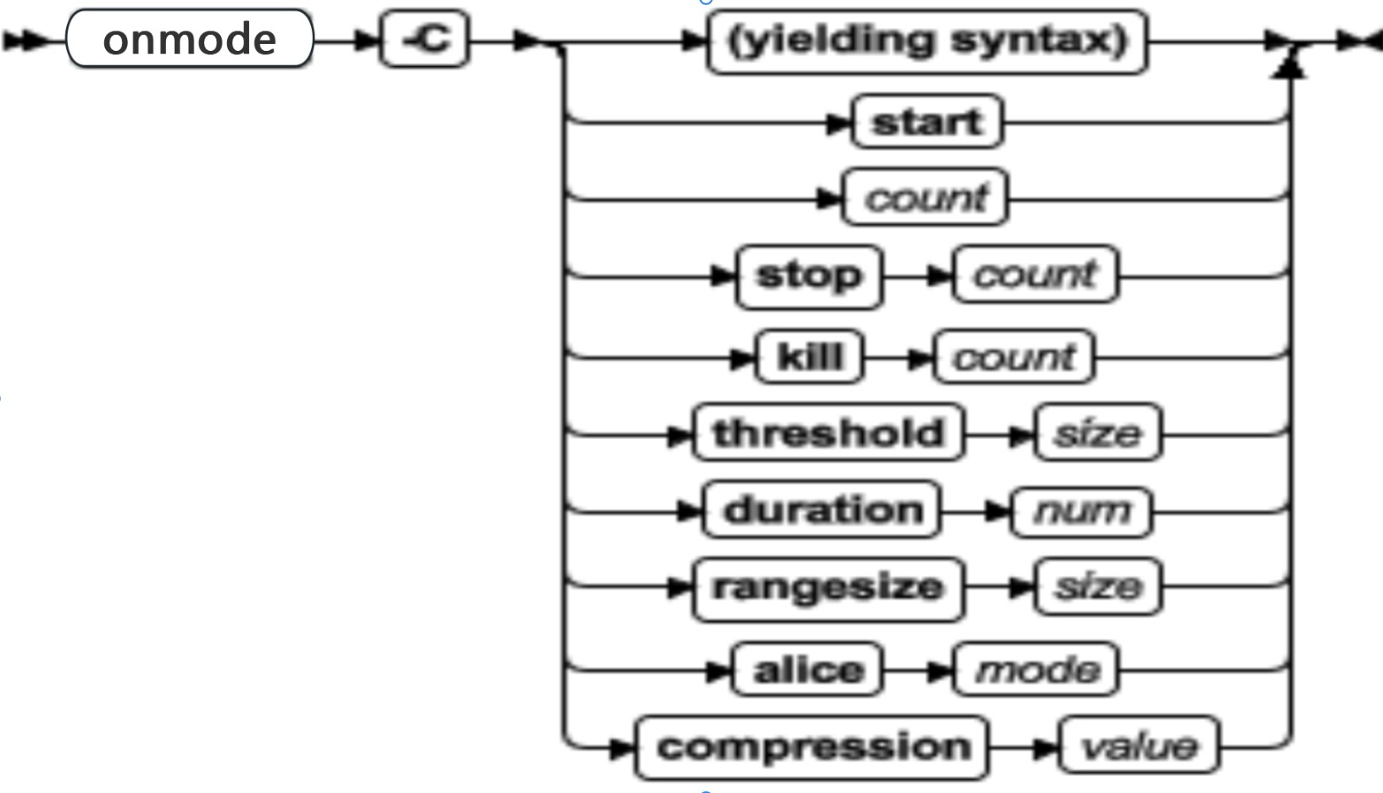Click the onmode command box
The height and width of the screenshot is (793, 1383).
[x=189, y=39]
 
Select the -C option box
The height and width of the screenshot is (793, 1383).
[x=424, y=39]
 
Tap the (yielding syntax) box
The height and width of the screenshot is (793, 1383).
[x=927, y=41]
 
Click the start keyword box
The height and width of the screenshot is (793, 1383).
[x=927, y=122]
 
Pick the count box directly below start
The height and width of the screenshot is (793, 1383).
[x=925, y=197]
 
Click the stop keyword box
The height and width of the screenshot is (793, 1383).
[x=808, y=275]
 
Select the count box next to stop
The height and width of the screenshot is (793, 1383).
[x=1035, y=274]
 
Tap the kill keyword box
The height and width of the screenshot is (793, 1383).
[x=810, y=357]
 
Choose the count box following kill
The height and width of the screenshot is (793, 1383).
[x=1014, y=358]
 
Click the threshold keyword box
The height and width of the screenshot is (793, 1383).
[x=828, y=433]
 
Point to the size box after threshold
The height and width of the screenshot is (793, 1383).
[x=1097, y=434]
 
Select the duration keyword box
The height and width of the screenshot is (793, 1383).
[x=822, y=510]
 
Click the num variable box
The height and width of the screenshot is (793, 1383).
[x=1081, y=511]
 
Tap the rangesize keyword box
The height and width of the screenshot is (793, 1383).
[x=828, y=587]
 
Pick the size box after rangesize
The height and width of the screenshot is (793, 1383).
[x=1097, y=586]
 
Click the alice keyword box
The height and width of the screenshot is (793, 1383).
[x=808, y=670]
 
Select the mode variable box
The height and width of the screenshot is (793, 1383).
[x=1036, y=670]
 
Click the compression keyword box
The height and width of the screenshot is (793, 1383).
[x=812, y=747]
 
